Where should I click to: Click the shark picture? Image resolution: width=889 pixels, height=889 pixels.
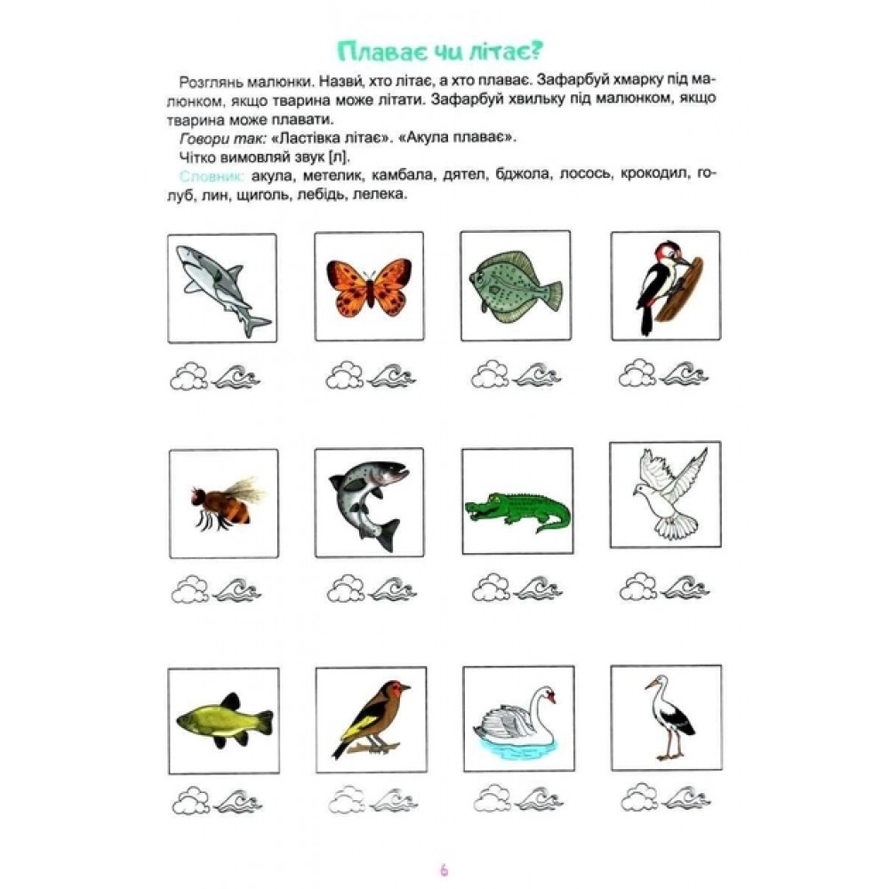tap(221, 286)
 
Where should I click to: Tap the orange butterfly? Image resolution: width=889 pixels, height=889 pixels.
tap(369, 286)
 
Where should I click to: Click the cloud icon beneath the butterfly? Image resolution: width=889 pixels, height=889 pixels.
tap(344, 375)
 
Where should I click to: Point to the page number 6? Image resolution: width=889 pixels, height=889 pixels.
tap(444, 870)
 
